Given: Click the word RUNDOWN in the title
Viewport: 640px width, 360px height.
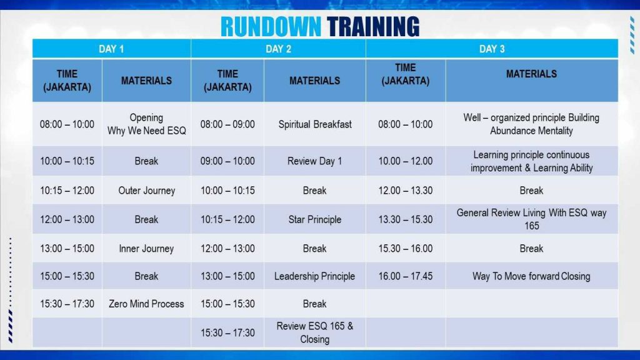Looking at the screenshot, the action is [x=271, y=27].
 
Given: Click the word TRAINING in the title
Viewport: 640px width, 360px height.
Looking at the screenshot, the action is [x=373, y=27].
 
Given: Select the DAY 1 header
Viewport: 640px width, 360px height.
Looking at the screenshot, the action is [x=111, y=49].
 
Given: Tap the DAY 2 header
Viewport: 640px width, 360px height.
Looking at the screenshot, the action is [x=278, y=49].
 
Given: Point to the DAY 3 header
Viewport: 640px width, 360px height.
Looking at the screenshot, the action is [x=492, y=49].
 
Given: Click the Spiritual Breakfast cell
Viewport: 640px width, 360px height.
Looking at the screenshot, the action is [x=315, y=124].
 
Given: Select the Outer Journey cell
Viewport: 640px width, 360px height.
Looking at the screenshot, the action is [x=146, y=191].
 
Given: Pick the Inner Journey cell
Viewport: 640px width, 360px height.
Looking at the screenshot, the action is [x=146, y=249].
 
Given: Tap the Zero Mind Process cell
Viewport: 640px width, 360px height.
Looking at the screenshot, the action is [x=146, y=304].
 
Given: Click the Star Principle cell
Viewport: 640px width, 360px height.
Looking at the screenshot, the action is [x=315, y=219].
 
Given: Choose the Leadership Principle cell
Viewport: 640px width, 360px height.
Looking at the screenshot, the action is [x=315, y=276].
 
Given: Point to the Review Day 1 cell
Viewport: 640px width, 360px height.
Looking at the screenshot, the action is [x=315, y=161].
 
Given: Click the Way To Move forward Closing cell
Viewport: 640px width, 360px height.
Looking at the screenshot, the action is [x=531, y=276].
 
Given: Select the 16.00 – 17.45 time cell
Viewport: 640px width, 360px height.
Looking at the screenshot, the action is [x=405, y=276].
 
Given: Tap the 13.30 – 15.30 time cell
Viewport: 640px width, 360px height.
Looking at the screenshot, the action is [x=405, y=219].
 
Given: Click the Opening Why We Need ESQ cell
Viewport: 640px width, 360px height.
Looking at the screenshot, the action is [x=146, y=124].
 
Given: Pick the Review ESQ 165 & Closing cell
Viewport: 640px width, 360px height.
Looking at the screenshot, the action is [x=315, y=332].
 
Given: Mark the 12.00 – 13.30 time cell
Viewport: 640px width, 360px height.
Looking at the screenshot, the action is [x=405, y=191].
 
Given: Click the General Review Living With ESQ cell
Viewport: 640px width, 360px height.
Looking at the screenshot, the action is [x=531, y=219].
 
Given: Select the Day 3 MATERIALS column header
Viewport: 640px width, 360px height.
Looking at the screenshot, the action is [x=531, y=74].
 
